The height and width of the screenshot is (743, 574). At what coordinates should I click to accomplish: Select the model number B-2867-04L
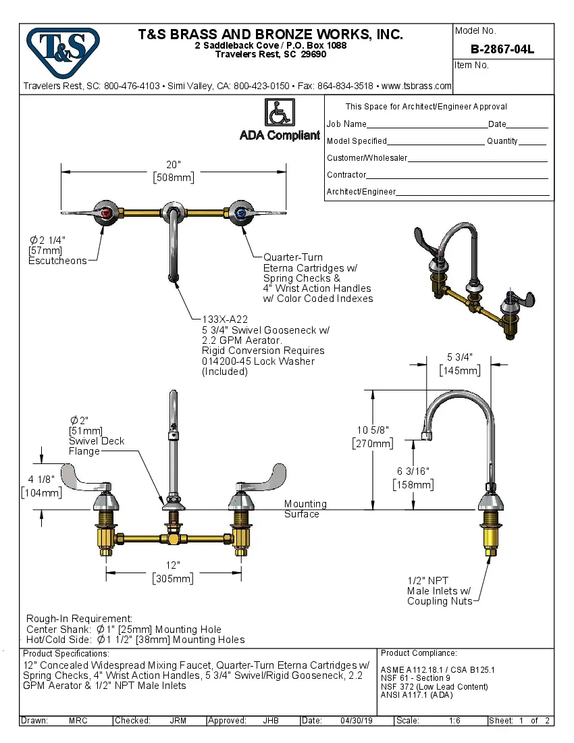tap(502, 49)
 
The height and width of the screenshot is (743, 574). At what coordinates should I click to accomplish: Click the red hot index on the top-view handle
tap(105, 212)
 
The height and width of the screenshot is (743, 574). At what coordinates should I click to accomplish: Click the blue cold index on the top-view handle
tap(242, 212)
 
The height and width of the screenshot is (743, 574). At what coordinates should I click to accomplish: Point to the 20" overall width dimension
tap(174, 165)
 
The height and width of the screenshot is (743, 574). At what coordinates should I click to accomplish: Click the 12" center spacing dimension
tap(174, 565)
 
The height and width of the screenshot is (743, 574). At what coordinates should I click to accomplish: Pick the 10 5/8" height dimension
tap(373, 430)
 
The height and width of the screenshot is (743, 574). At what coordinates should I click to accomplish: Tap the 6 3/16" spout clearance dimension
tap(413, 471)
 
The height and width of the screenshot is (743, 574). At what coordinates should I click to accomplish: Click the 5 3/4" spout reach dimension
tap(460, 357)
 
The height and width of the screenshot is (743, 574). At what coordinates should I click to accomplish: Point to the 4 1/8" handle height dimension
tap(43, 480)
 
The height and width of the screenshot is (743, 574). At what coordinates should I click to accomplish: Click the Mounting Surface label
tap(305, 509)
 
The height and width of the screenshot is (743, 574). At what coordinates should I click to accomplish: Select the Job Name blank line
tap(427, 126)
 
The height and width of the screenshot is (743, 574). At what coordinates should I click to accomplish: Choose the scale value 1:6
tap(454, 721)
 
